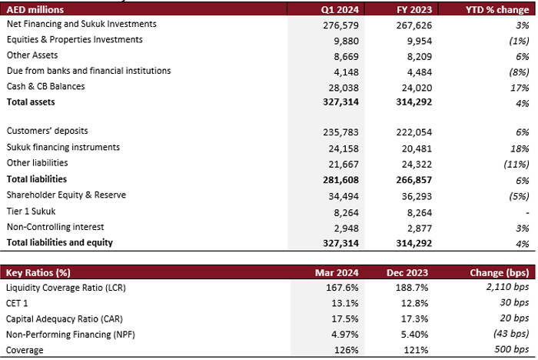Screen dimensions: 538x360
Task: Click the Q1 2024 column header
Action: pyautogui.click(x=340, y=10)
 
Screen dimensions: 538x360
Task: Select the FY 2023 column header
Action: pyautogui.click(x=414, y=10)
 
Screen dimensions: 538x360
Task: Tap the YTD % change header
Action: pyautogui.click(x=497, y=10)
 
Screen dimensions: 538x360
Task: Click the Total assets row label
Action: pyautogui.click(x=31, y=102)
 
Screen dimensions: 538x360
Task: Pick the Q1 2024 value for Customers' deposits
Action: pyautogui.click(x=340, y=132)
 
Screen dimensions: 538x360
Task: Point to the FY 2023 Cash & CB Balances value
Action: pyautogui.click(x=417, y=88)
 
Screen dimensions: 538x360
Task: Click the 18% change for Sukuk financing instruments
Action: pyautogui.click(x=520, y=148)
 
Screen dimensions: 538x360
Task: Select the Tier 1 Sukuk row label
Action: pyautogui.click(x=31, y=212)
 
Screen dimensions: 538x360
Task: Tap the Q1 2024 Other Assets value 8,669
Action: pyautogui.click(x=346, y=57)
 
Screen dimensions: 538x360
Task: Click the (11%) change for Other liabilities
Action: pyautogui.click(x=516, y=164)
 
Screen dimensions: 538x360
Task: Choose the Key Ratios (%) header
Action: pyautogui.click(x=38, y=273)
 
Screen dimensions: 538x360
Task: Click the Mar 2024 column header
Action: pyautogui.click(x=337, y=273)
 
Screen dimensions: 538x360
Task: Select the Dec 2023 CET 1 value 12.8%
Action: pyautogui.click(x=414, y=303)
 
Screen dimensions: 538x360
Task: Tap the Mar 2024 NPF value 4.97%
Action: pyautogui.click(x=345, y=335)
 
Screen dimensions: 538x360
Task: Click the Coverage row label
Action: pyautogui.click(x=25, y=350)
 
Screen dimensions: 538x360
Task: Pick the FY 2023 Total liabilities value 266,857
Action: pyautogui.click(x=414, y=180)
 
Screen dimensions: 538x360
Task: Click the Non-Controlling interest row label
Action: pyautogui.click(x=55, y=227)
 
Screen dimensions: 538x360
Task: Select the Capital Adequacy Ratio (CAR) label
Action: pyautogui.click(x=64, y=319)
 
